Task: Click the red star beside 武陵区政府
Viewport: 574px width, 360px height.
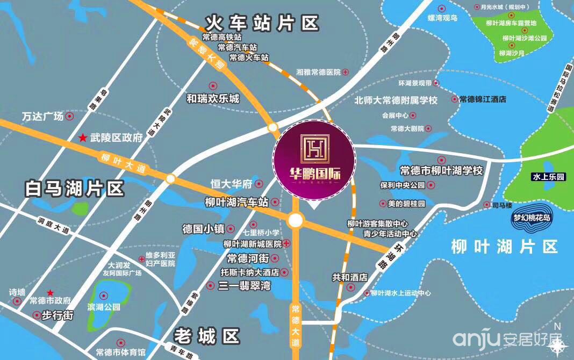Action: coord(83,138)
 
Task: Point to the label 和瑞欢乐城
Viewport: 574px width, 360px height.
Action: coord(213,99)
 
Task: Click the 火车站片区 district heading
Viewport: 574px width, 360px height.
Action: coord(262,24)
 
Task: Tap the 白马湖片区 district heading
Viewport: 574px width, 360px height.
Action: coord(75,189)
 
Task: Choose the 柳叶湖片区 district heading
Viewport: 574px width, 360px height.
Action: coord(505,247)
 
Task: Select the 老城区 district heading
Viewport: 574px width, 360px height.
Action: coord(206,337)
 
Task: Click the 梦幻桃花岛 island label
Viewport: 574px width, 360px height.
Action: coord(532,218)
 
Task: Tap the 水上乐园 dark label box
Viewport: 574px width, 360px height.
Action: coord(548,177)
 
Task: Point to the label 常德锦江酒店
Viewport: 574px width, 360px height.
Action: coord(483,99)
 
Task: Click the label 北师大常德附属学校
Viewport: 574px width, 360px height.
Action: coord(396,100)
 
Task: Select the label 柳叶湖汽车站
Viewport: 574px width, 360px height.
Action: coord(236,203)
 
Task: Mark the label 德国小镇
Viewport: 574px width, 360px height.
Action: coord(204,228)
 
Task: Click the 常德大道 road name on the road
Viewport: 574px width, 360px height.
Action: coord(295,320)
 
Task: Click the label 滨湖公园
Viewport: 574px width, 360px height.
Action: coord(104,308)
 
